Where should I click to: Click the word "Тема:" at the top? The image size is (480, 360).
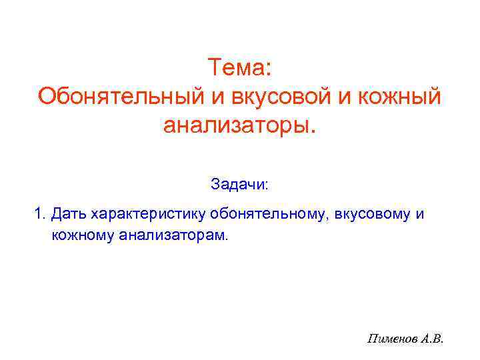point(239,67)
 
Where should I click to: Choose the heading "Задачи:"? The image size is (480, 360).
point(239,183)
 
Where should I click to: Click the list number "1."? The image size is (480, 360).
point(41,215)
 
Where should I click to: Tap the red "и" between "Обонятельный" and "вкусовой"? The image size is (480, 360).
point(218,96)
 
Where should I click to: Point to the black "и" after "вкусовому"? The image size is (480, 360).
point(419,215)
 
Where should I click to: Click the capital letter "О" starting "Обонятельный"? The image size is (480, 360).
point(47,96)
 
